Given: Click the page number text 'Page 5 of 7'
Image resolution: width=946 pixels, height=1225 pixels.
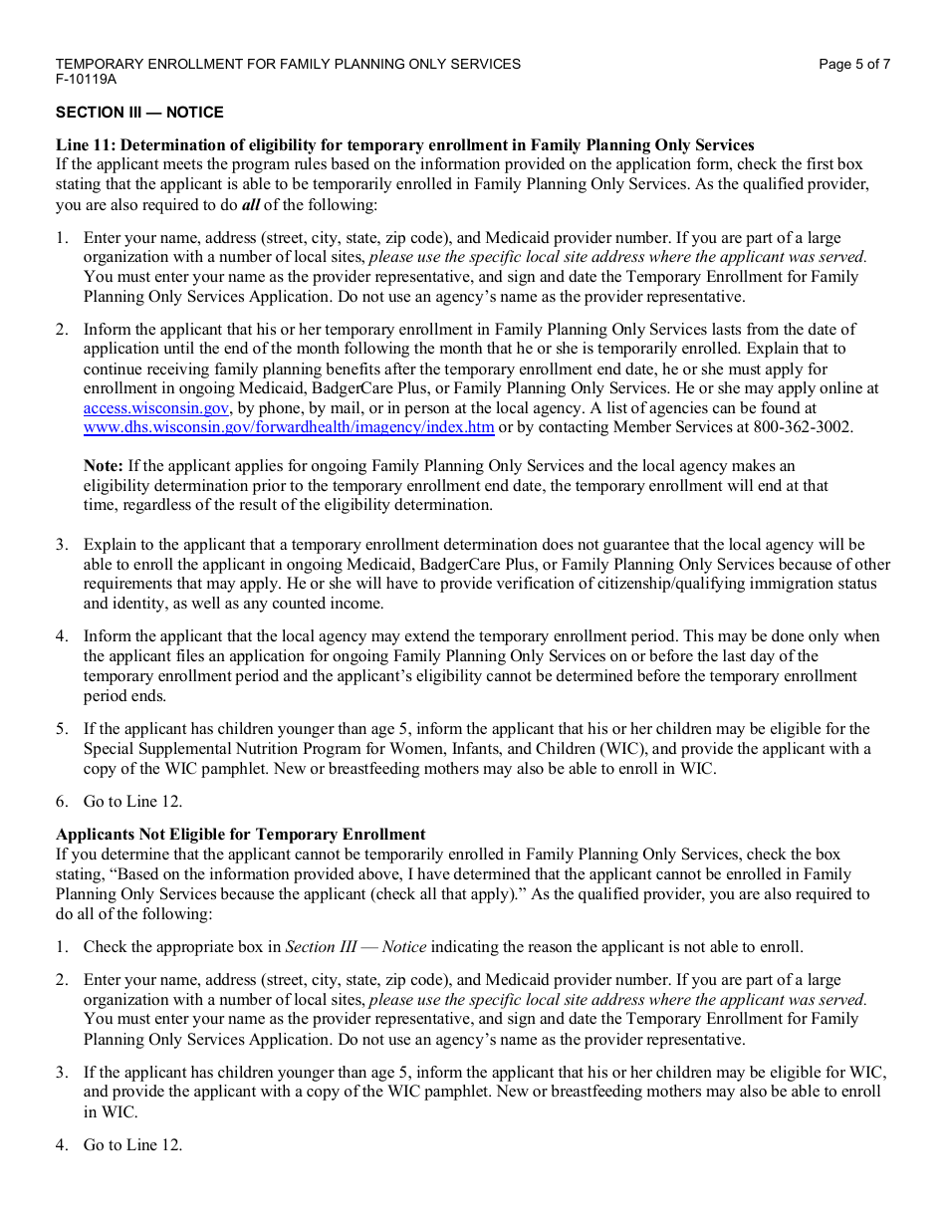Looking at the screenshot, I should point(853,64).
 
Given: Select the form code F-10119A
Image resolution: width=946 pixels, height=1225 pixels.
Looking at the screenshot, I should point(86,79).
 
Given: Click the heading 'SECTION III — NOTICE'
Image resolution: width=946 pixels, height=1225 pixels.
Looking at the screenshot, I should point(139,113).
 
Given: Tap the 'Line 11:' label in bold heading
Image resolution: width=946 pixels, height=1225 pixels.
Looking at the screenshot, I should point(86,144).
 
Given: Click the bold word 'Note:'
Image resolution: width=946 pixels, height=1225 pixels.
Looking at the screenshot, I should point(104,465).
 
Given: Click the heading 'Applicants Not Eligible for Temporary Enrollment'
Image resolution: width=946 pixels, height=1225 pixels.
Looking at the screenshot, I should point(240,835).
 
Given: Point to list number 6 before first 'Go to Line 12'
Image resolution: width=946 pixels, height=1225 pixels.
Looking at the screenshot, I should point(62,802).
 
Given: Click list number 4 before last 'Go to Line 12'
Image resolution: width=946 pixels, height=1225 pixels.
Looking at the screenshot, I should point(62,1145).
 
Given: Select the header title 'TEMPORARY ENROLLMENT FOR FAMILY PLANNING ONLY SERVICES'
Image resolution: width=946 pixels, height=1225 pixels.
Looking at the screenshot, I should point(288,64).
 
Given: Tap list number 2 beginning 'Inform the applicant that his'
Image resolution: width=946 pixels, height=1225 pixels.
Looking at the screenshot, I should point(62,330).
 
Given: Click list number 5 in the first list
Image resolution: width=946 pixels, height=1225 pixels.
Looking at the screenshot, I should point(62,729).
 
